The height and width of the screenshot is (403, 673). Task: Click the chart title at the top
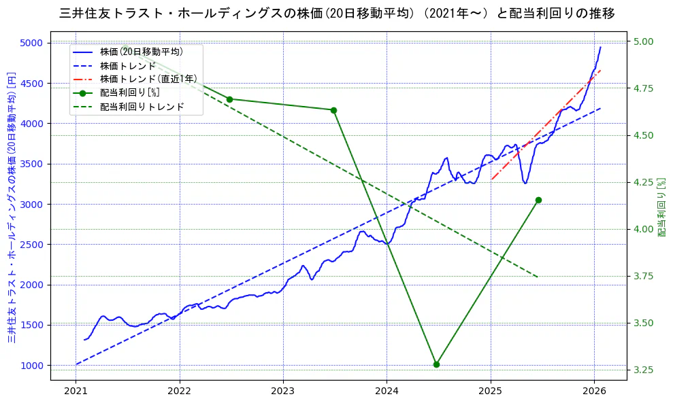(337, 14)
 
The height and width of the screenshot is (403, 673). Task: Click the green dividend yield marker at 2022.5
(229, 99)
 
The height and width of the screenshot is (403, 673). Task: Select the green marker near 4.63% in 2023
(333, 110)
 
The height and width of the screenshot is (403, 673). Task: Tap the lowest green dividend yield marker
(436, 364)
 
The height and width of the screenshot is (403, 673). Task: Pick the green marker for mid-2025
(538, 200)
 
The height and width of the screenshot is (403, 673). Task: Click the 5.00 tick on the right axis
(643, 41)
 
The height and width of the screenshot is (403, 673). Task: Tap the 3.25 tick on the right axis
(643, 370)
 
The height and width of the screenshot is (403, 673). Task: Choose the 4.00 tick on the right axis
(643, 229)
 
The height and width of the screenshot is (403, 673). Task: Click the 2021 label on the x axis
(76, 391)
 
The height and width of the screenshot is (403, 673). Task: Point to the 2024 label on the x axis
(387, 391)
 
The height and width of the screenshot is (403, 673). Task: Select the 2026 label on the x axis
(594, 391)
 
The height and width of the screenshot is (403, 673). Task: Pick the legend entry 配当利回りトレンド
(142, 107)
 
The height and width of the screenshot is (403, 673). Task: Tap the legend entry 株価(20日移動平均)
(141, 51)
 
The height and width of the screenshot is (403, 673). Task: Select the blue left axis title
(12, 207)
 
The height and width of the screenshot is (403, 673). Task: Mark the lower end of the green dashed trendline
(538, 277)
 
